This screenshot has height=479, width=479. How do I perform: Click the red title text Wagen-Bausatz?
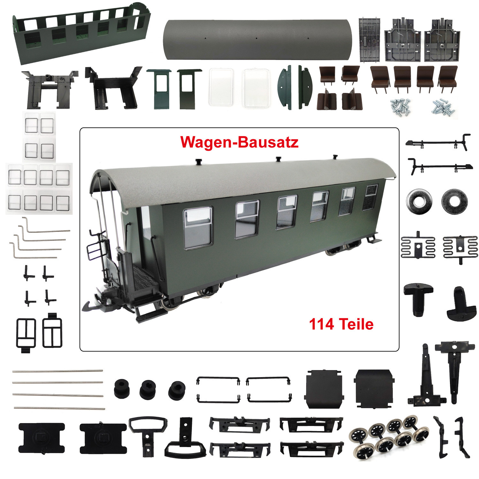pos(239,142)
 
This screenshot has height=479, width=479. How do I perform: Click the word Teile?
pos(356,324)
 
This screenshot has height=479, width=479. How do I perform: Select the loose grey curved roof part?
pos(257,40)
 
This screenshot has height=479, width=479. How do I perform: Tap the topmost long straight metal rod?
pos(57,371)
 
